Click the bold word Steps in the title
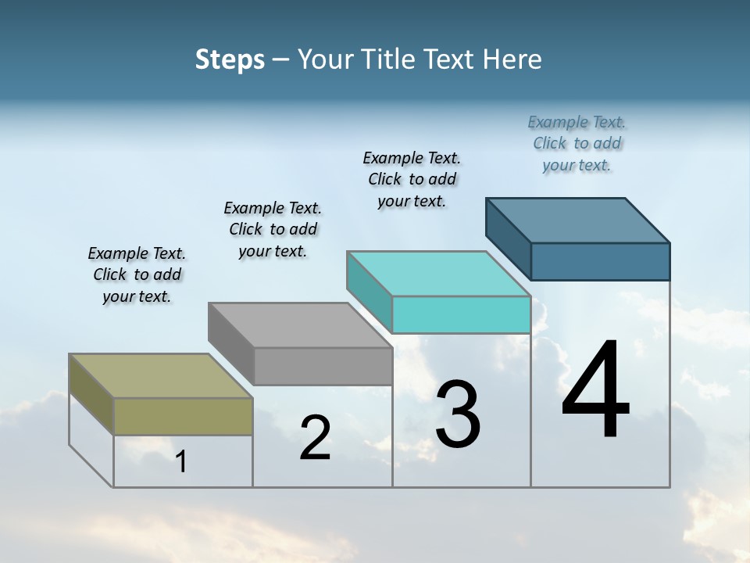click(230, 59)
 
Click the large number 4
click(595, 391)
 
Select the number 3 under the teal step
click(458, 414)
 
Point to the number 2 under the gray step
click(315, 439)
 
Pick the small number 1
click(181, 462)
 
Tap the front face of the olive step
click(183, 416)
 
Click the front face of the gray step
click(323, 366)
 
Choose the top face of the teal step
click(439, 273)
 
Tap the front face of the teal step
click(461, 314)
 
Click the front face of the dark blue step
click(600, 261)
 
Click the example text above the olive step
click(137, 274)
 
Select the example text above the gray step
click(273, 229)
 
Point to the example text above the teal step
click(412, 179)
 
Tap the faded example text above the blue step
click(577, 143)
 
